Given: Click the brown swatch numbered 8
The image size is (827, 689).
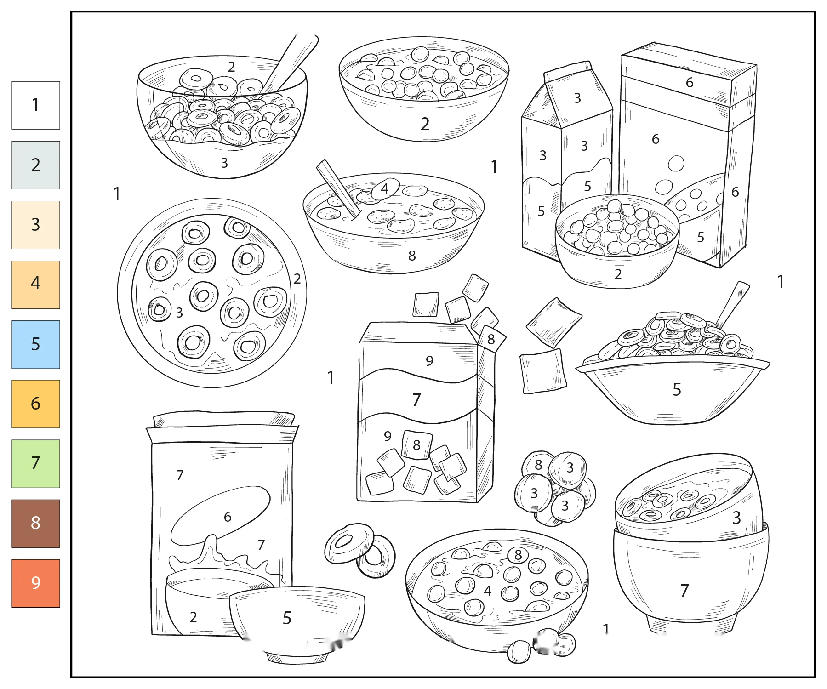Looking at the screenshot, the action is [36, 523].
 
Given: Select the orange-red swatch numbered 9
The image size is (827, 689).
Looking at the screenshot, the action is [36, 583].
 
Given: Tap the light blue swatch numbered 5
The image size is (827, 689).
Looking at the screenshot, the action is [36, 344].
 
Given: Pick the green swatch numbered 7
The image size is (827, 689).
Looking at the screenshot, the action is [36, 463].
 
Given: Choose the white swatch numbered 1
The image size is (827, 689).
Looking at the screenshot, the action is [36, 105].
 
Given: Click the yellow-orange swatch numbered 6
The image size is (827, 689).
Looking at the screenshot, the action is [36, 404].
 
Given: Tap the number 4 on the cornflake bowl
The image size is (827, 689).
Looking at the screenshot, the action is [385, 188].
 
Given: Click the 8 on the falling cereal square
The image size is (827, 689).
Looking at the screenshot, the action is [491, 339].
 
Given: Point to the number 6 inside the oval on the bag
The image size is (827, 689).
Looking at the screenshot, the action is [228, 517].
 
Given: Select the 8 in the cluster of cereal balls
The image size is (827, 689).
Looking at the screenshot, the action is [538, 465].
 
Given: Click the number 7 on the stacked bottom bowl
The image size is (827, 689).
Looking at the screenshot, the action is [684, 591].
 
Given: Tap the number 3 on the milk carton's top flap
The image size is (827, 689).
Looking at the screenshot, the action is [577, 98].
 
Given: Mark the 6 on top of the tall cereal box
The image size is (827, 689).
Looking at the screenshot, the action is [690, 83].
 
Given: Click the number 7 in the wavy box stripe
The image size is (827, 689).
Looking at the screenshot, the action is [416, 400].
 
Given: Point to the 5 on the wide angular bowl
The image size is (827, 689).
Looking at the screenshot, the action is [677, 390].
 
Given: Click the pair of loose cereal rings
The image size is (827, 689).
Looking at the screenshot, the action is [360, 550].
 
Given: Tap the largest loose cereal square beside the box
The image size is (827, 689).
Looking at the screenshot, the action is [553, 322].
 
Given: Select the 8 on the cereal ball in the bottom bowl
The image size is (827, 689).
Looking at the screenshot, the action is [518, 555].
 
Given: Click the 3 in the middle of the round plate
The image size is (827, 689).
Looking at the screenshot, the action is [179, 313].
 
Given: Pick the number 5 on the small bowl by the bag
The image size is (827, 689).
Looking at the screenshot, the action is [287, 618].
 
